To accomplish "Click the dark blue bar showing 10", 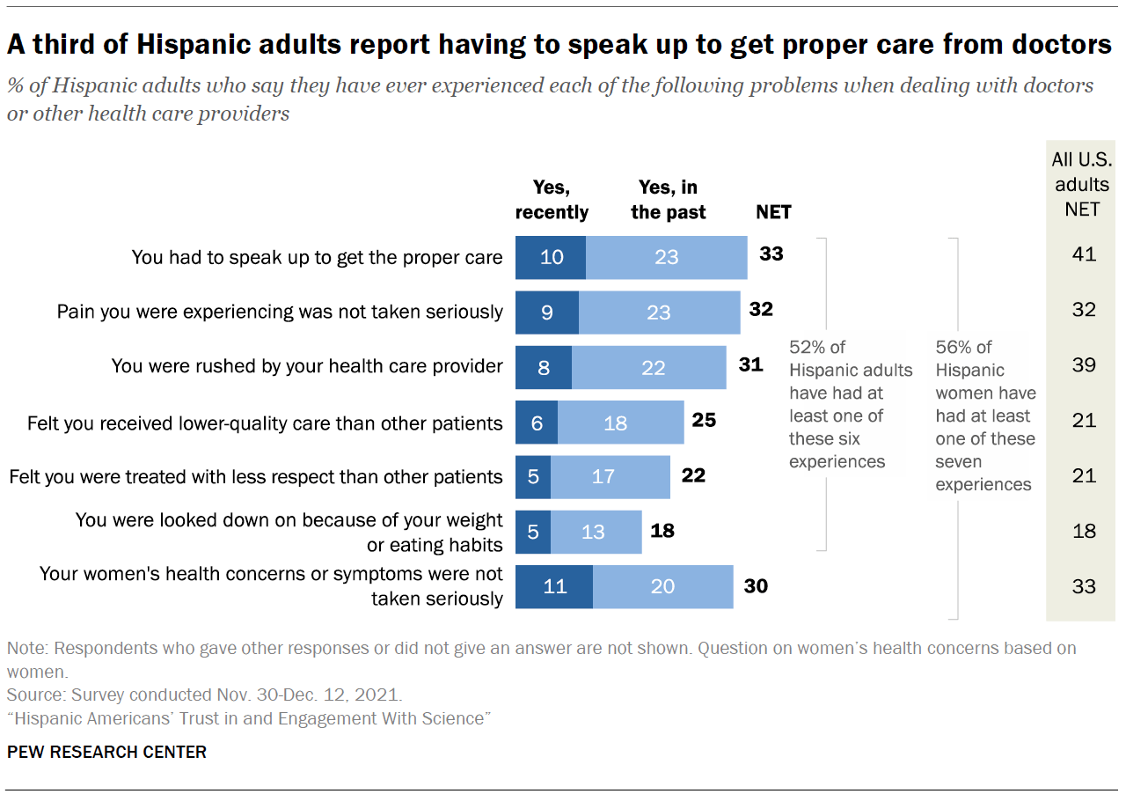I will pos(551,257).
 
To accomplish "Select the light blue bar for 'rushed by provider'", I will pos(649,367).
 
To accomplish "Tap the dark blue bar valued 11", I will pos(554,586).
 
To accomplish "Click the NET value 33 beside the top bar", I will pos(771,254).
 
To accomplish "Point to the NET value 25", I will pos(704,421).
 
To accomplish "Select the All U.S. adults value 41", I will pos(1084,254).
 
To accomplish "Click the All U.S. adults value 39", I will pos(1084,365).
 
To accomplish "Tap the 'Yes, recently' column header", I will pos(552,200).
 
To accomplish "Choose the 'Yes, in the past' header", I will pos(668,200).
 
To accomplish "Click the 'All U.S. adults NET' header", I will pos(1081,184).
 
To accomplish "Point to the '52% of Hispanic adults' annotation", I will pos(850,404).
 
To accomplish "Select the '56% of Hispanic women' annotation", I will pos(985,415).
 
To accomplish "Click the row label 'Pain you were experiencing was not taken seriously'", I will pos(280,312).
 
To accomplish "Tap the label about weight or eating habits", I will pos(289,532).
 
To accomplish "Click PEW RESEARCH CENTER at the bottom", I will pos(106,752).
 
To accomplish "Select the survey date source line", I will pos(205,694).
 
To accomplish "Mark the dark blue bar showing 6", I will pos(537,423).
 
